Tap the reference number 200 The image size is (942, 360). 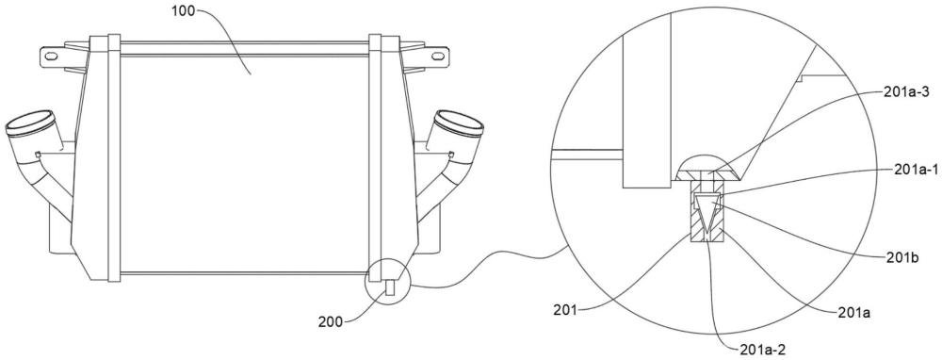click(331, 321)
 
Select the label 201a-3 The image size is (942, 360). click(907, 92)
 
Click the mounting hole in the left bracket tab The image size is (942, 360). click(51, 57)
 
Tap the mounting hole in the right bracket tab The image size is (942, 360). click(439, 57)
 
